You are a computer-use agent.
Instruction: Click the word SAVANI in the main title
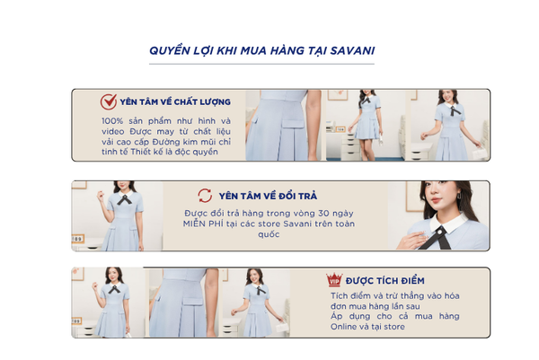[x=352, y=51]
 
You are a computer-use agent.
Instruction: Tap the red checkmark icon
[x=109, y=101]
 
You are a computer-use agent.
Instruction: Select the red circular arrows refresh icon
[x=205, y=196]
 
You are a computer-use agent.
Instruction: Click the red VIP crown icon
[x=334, y=280]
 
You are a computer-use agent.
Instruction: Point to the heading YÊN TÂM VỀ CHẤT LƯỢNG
[x=175, y=102]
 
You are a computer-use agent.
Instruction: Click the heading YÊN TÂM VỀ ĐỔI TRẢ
[x=268, y=196]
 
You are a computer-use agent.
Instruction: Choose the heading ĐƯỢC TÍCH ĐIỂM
[x=385, y=281]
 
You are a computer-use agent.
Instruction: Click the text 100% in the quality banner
[x=112, y=121]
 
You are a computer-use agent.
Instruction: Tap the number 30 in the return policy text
[x=323, y=214]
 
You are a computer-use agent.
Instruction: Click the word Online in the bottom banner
[x=343, y=327]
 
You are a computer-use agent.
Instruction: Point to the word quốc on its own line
[x=269, y=234]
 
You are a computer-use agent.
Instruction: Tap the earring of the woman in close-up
[x=459, y=196]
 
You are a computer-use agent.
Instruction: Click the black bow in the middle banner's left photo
[x=125, y=199]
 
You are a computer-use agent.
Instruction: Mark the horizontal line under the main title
[x=261, y=64]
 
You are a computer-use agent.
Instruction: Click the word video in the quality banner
[x=113, y=132]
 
